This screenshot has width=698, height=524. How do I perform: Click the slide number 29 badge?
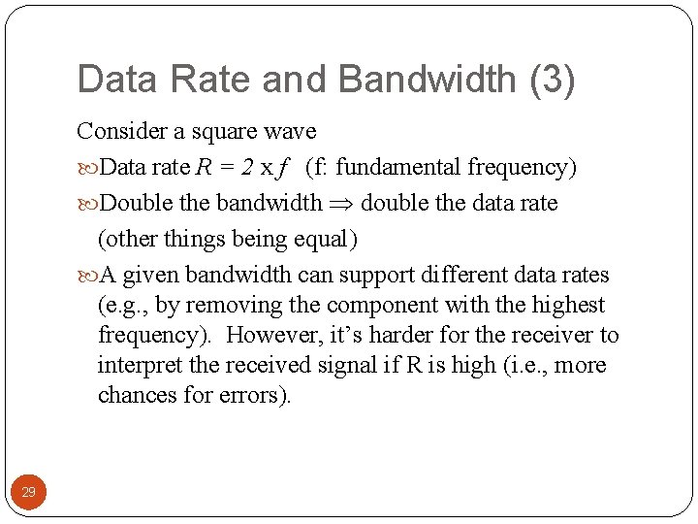(29, 492)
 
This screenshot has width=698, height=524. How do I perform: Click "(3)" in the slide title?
(552, 80)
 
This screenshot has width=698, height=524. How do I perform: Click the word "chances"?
(131, 396)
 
